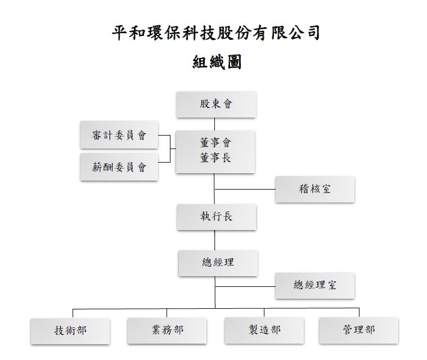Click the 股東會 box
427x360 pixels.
click(216, 105)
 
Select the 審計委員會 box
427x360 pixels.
click(119, 135)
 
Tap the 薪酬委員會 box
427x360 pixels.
click(119, 166)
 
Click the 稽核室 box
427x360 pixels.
click(315, 189)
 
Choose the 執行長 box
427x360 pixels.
click(217, 217)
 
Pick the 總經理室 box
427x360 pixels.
click(315, 286)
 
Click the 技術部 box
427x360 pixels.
click(70, 331)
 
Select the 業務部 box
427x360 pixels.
click(167, 331)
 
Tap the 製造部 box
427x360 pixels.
click(264, 330)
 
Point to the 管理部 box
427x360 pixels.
click(359, 330)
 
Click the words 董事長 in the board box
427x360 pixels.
click(215, 158)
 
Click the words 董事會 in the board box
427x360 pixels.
click(215, 142)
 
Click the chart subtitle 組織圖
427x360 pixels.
click(217, 62)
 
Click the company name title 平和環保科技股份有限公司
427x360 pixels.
click(216, 33)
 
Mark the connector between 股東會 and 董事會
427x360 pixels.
click(214, 124)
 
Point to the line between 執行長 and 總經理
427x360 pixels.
click(215, 240)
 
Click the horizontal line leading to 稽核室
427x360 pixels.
click(245, 189)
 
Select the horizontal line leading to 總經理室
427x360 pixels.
click(245, 286)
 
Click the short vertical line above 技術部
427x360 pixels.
click(73, 313)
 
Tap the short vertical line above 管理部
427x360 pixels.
click(359, 312)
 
